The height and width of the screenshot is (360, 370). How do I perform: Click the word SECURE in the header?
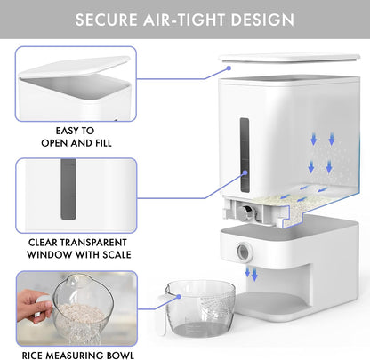tap(106, 20)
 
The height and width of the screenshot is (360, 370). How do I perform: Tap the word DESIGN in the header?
tap(262, 20)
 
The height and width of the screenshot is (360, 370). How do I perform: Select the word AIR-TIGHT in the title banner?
tap(184, 20)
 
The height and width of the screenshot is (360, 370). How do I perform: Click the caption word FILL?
tap(103, 143)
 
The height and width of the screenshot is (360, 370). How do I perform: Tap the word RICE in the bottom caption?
tap(33, 355)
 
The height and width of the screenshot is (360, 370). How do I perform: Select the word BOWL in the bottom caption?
tap(121, 355)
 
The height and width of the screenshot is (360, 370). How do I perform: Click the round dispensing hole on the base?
tap(244, 252)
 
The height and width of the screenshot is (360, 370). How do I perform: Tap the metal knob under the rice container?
tap(245, 212)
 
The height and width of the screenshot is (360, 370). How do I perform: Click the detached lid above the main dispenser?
tap(289, 58)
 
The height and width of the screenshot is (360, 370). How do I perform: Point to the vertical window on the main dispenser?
tap(245, 155)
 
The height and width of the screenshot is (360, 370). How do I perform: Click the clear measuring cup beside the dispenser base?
tap(198, 308)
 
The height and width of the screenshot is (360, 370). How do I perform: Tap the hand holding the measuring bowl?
tap(32, 306)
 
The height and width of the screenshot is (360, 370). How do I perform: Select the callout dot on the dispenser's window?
tap(245, 172)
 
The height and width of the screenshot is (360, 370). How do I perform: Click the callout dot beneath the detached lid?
tap(229, 68)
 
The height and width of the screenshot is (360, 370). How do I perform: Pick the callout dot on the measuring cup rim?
tap(179, 297)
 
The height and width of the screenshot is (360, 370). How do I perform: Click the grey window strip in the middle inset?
tap(68, 189)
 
